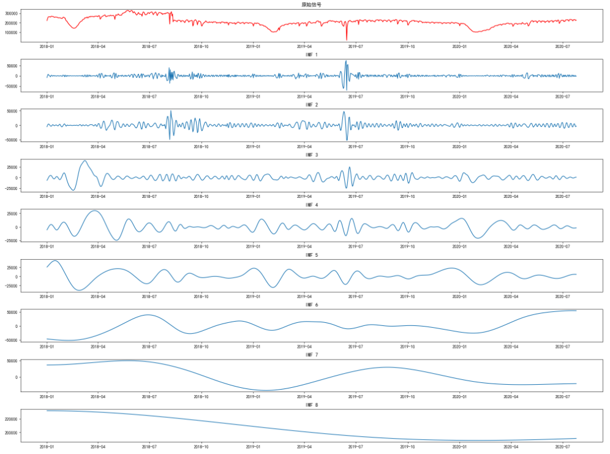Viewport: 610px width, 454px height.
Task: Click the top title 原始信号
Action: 312,5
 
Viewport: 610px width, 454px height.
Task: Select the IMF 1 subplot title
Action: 312,55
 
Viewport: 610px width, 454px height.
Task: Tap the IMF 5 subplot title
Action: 312,255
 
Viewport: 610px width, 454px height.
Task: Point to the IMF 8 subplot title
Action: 312,405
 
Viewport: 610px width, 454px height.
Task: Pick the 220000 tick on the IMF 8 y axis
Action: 11,419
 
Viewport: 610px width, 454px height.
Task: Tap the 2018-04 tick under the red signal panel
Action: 99,46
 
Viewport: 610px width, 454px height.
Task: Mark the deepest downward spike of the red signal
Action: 347,40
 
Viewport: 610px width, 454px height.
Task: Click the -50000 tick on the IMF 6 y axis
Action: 10,340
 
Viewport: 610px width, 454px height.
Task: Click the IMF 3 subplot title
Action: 312,155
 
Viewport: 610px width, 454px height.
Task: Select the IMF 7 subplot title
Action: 312,355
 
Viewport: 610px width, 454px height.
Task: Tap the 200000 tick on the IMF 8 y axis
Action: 11,433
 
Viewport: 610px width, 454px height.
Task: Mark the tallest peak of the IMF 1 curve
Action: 346,61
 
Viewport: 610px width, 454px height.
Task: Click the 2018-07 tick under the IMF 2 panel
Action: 150,146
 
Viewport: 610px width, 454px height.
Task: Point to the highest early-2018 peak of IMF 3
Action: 85,161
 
